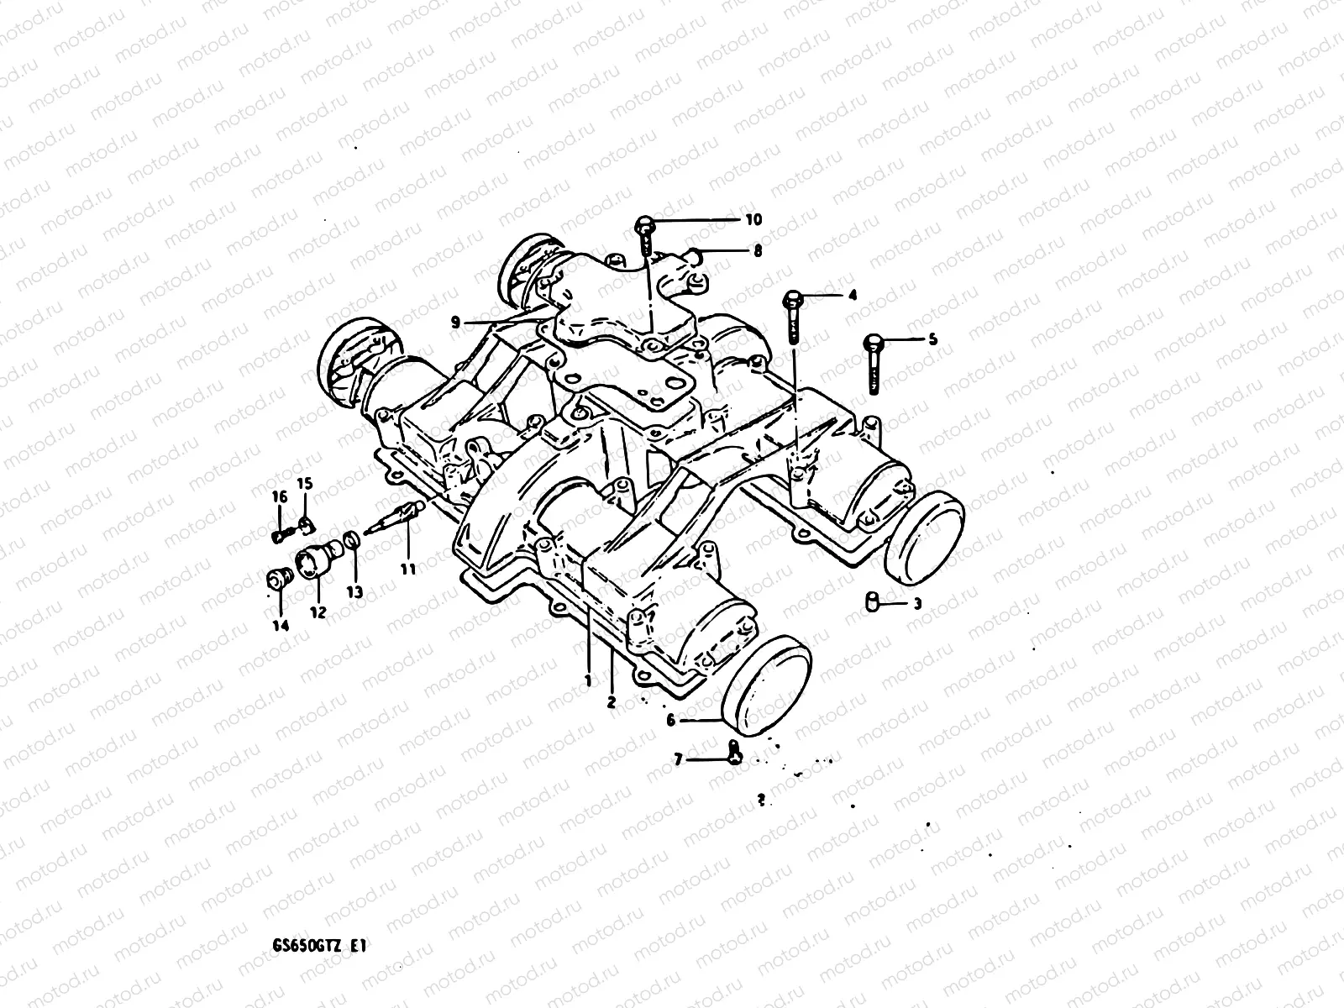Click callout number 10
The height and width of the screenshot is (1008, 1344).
[x=753, y=220]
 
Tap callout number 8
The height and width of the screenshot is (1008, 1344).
[x=758, y=250]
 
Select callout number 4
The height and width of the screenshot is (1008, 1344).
[x=852, y=296]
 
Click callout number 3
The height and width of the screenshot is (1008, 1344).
[x=917, y=603]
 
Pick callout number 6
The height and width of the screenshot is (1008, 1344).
[x=670, y=720]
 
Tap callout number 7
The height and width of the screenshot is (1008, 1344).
[x=678, y=760]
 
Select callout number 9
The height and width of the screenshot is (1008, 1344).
[x=455, y=321]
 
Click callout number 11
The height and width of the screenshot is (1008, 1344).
[x=408, y=569]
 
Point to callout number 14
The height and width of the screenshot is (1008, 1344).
[x=280, y=625]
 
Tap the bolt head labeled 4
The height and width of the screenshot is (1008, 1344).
[x=792, y=298]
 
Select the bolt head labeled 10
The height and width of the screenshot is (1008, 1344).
[x=643, y=223]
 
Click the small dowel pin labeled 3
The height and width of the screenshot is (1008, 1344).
[x=873, y=601]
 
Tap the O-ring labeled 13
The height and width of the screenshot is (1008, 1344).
[x=354, y=539]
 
